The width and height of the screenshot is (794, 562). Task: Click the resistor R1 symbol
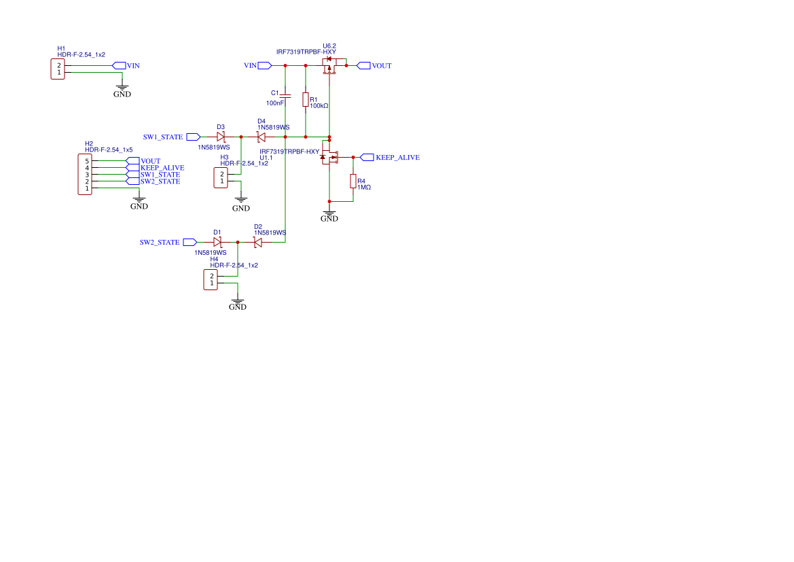pyautogui.click(x=306, y=100)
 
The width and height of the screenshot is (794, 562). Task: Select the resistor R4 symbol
pyautogui.click(x=353, y=181)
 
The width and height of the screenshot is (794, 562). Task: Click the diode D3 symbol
pyautogui.click(x=221, y=137)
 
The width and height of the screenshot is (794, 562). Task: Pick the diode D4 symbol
pyautogui.click(x=261, y=137)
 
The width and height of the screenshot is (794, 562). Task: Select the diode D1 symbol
pyautogui.click(x=217, y=242)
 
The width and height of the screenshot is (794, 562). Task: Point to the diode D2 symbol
pyautogui.click(x=258, y=242)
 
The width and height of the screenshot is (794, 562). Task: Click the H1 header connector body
pyautogui.click(x=58, y=69)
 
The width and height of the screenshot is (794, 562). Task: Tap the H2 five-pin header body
pyautogui.click(x=85, y=175)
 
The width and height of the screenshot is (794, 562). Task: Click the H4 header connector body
pyautogui.click(x=211, y=280)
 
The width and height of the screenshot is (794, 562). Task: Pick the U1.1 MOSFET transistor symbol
pyautogui.click(x=331, y=157)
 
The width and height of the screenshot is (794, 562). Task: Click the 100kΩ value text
pyautogui.click(x=319, y=106)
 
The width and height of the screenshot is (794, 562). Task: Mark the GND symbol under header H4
pyautogui.click(x=238, y=303)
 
